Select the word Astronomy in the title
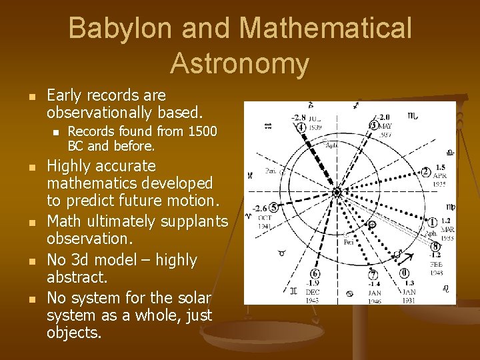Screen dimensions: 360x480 click(x=239, y=63)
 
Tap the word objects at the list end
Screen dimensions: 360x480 click(x=73, y=332)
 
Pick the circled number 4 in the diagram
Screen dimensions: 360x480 click(x=301, y=127)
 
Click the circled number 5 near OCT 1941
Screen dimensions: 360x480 click(x=274, y=209)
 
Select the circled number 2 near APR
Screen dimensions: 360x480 click(x=425, y=171)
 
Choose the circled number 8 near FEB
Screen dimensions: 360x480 click(x=435, y=246)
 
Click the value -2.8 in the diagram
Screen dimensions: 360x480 click(x=298, y=117)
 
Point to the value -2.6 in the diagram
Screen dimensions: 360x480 click(x=260, y=208)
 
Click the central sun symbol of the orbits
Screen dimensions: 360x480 click(x=337, y=192)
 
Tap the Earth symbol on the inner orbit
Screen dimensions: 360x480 click(x=371, y=225)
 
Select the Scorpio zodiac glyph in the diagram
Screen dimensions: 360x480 click(x=413, y=116)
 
